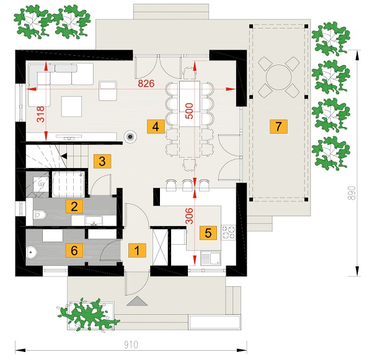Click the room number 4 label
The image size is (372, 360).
tap(156, 126)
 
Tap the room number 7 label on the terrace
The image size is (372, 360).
tap(278, 126)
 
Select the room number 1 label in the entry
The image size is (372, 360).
tap(137, 250)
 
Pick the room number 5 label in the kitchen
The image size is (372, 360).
tap(208, 233)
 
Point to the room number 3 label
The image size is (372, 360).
tap(102, 161)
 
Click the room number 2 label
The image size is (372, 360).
tap(74, 206)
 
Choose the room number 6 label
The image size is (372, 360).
tap(74, 250)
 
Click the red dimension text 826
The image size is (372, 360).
tap(146, 84)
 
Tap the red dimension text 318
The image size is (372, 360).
tap(41, 114)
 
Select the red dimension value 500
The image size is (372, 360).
tap(189, 111)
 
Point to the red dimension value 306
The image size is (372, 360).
tap(189, 216)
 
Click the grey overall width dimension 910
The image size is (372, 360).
tap(131, 345)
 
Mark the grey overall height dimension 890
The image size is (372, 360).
tap(353, 193)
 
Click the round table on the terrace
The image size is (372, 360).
tap(279, 77)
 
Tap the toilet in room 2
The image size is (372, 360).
tap(40, 214)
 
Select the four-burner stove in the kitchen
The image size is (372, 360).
tap(228, 232)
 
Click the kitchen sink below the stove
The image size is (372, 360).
tap(210, 258)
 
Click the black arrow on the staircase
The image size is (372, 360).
tap(64, 156)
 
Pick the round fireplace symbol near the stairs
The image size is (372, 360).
tap(130, 137)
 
